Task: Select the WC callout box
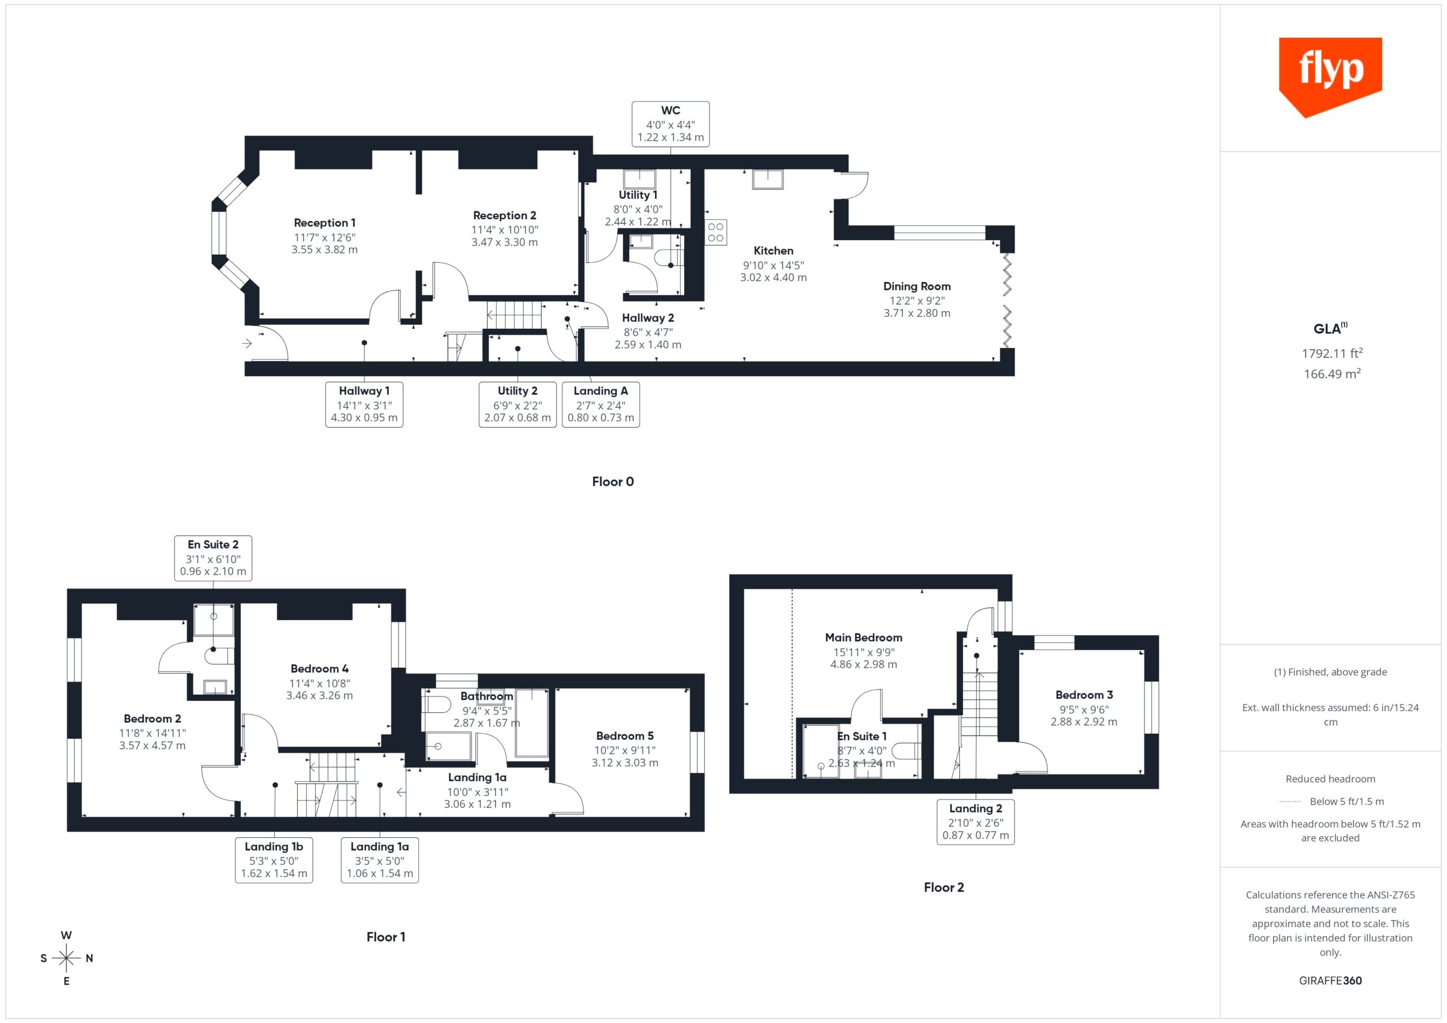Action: tap(670, 124)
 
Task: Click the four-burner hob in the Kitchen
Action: tap(716, 232)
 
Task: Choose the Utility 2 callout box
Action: tap(517, 404)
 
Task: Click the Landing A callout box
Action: tap(601, 404)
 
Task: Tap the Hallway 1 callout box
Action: tap(364, 404)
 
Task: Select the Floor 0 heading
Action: tap(613, 482)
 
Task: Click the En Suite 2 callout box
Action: tap(213, 558)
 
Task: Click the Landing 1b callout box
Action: tap(274, 860)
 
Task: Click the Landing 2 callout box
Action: tap(976, 821)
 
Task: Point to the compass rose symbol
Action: tap(66, 958)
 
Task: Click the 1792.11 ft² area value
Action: tap(1332, 354)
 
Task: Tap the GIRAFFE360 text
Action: tap(1331, 981)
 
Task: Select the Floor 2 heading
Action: tap(943, 887)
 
